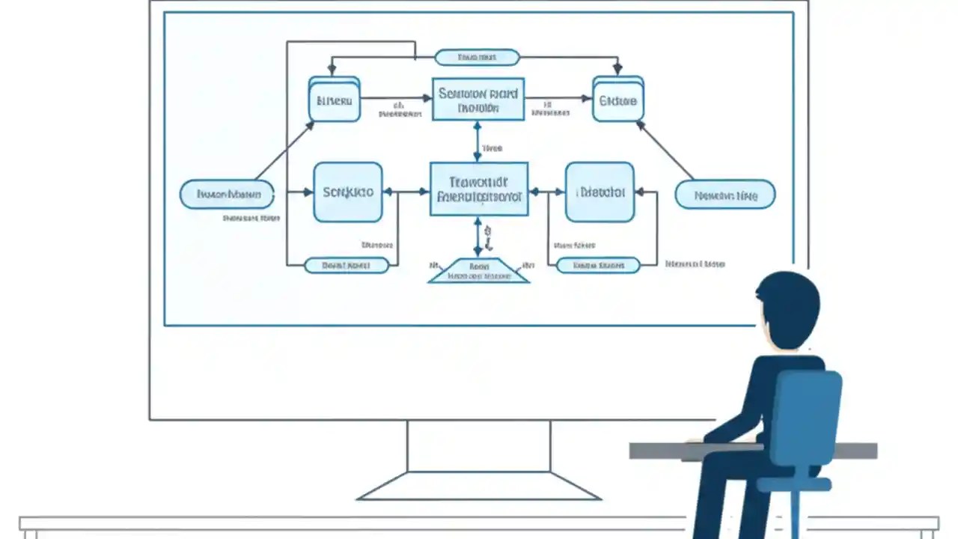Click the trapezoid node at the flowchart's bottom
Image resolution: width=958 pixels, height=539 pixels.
[x=479, y=271]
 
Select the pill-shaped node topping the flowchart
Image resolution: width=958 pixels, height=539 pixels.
[x=477, y=58]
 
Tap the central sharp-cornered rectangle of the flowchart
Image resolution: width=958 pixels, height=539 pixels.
[x=479, y=189]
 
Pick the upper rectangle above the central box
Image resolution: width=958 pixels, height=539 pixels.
[x=478, y=99]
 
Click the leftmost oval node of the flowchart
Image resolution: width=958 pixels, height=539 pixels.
[x=228, y=195]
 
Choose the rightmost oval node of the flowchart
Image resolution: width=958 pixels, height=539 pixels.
[x=724, y=195]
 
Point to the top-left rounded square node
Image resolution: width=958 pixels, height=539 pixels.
[x=335, y=99]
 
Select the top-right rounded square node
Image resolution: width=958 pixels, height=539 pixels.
[x=618, y=99]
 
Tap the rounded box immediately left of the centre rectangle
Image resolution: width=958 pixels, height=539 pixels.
[x=348, y=192]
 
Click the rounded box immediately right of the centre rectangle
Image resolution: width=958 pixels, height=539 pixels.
[x=599, y=192]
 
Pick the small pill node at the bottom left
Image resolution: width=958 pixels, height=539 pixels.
[x=346, y=265]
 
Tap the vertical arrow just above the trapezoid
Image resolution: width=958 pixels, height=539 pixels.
[x=478, y=237]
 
